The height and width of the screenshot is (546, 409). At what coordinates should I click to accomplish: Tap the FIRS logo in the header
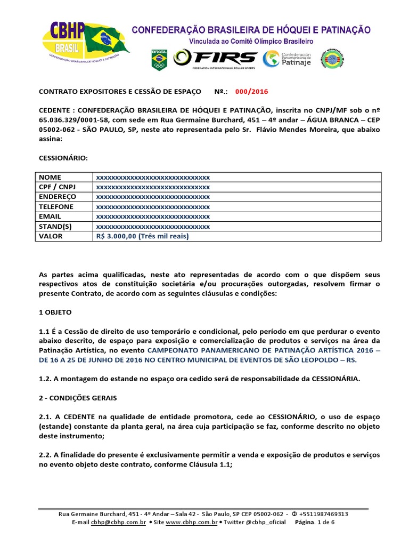click(x=216, y=58)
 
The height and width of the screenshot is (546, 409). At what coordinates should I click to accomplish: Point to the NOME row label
click(x=51, y=177)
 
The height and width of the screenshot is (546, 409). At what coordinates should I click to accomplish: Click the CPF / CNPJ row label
click(x=57, y=187)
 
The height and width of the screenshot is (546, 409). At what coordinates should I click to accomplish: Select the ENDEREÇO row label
click(x=58, y=197)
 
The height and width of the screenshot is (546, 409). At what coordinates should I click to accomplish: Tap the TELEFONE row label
click(x=56, y=207)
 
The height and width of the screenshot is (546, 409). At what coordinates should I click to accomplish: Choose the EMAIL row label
click(x=50, y=216)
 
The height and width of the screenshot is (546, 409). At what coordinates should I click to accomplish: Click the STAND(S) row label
click(x=55, y=227)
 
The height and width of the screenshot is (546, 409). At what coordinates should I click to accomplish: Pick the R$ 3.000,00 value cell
click(x=142, y=236)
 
